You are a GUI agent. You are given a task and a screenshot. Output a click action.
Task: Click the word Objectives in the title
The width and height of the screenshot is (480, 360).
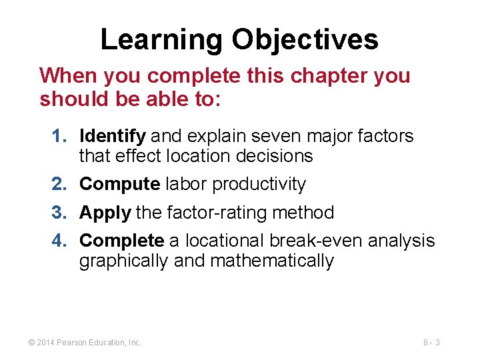point(305,39)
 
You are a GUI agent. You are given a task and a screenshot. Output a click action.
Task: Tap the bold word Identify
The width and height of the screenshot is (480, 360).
point(112,137)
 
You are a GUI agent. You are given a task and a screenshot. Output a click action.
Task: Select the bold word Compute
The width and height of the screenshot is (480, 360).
point(119,184)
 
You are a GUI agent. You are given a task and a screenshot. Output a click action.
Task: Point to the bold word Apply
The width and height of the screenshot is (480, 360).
point(105,213)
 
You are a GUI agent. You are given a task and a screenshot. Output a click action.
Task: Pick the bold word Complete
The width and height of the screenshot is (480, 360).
point(121,241)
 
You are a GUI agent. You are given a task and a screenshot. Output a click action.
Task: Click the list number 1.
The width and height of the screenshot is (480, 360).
point(59,137)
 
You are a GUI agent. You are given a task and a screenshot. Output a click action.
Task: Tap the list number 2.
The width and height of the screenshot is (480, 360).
point(59,184)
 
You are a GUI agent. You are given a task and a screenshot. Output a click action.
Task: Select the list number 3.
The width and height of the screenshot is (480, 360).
point(59,213)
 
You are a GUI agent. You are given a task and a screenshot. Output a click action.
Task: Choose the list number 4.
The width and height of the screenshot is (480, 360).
point(59,241)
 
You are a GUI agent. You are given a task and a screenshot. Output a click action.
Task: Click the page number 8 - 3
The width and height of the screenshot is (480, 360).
point(431,343)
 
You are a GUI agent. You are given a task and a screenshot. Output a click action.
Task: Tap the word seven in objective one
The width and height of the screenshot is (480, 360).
point(287,137)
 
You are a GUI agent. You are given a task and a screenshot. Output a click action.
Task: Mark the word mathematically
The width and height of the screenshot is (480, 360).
point(271,261)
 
